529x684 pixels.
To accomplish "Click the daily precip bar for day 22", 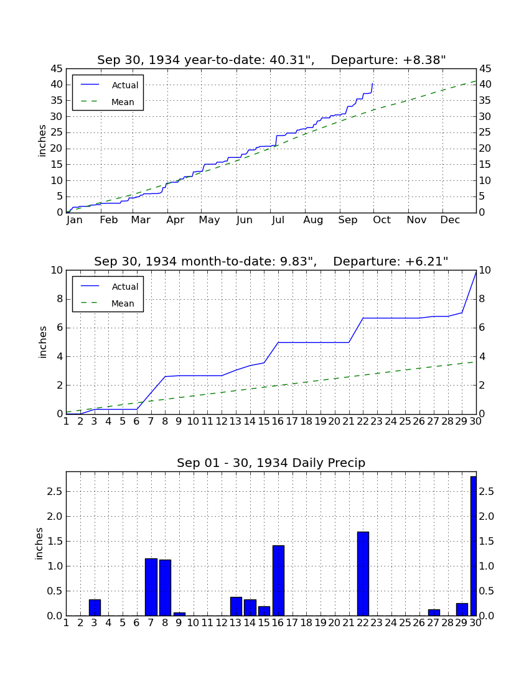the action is point(363,574).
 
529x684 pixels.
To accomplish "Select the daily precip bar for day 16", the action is point(278,581).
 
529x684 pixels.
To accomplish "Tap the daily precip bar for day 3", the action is point(95,608).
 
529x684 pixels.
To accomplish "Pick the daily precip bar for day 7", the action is point(151,587).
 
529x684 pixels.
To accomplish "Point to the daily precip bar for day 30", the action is point(473,546).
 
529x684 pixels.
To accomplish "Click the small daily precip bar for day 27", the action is point(433,612).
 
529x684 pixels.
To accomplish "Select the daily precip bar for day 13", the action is point(236,606).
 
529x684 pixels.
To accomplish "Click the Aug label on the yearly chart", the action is point(313,220).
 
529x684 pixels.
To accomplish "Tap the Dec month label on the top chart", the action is point(450,220).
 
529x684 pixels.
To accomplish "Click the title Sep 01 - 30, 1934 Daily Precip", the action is point(271,463).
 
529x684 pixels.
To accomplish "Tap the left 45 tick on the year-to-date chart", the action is point(57,69).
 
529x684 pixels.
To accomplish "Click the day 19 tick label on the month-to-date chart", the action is point(321,422).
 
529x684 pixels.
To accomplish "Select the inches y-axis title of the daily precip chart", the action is point(39,543).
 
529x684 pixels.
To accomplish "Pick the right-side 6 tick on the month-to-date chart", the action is point(482,328).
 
